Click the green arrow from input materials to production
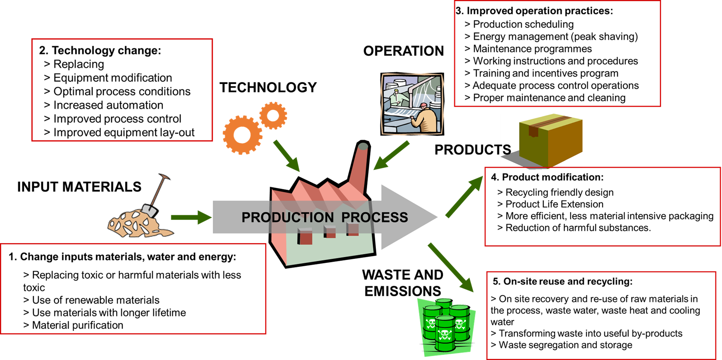click(191, 217)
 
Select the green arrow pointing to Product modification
click(464, 197)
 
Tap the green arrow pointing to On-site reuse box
click(451, 267)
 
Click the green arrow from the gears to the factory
click(286, 156)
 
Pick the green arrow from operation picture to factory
click(391, 156)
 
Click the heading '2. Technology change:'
click(100, 51)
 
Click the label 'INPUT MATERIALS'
click(79, 187)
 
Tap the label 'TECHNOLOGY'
click(268, 87)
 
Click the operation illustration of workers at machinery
click(412, 104)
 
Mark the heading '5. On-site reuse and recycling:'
click(563, 281)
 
